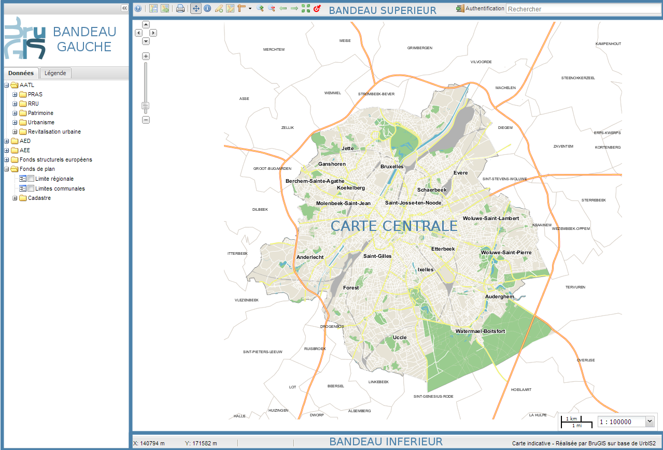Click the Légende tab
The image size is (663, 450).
(55, 73)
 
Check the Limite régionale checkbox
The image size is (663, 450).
(31, 179)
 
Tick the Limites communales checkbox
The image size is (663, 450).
(31, 188)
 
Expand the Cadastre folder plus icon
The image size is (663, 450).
(15, 198)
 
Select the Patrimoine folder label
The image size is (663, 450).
(40, 113)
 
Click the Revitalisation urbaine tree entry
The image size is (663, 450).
(54, 132)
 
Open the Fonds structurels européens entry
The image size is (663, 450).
(55, 159)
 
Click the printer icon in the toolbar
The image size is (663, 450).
(180, 8)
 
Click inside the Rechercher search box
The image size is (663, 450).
(583, 9)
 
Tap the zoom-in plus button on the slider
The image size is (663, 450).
(146, 56)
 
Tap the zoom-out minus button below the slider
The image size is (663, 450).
(146, 120)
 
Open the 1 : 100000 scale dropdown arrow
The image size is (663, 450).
(650, 422)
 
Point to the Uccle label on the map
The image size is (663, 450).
(400, 338)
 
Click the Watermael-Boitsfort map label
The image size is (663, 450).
(480, 331)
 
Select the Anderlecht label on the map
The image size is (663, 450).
(310, 257)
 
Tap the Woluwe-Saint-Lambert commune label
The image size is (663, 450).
(491, 219)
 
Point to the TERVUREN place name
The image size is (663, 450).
(575, 287)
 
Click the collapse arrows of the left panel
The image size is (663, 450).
(124, 8)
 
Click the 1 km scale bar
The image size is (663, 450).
(571, 419)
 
